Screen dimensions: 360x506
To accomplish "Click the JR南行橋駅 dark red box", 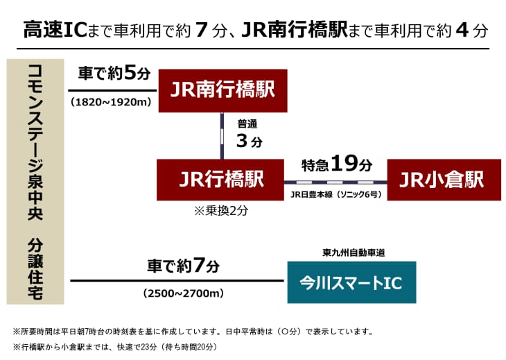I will coord(223,90).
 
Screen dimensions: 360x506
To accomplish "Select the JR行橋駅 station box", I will coord(221,180).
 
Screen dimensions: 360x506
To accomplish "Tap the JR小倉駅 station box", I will coord(444,180).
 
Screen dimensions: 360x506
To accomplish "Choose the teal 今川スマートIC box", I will coord(351,282).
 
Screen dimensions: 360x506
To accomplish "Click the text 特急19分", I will coord(337,164).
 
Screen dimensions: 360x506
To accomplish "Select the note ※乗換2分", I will coord(220,211).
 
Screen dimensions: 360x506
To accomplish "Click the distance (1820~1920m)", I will coord(111,102).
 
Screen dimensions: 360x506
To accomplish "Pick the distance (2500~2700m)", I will coord(182,293).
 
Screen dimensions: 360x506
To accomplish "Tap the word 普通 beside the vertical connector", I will coord(247,124).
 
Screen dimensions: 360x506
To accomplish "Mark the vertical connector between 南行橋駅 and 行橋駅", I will coord(222,135).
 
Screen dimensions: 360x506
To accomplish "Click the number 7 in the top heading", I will coord(202,31).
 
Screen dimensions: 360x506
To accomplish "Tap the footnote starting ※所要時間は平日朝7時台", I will coord(195,331).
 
